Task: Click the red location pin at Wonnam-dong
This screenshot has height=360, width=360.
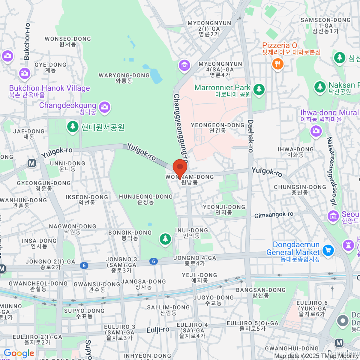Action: (180, 167)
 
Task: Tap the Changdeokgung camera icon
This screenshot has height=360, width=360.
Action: (105, 107)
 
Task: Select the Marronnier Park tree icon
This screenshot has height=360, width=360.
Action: (259, 89)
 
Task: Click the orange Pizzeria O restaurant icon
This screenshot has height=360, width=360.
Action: (278, 64)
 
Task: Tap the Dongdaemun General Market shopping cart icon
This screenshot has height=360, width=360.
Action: (328, 250)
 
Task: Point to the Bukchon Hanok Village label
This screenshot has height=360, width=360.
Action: (49, 88)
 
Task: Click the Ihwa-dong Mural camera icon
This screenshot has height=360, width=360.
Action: (316, 131)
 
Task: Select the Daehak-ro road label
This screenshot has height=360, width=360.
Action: (250, 136)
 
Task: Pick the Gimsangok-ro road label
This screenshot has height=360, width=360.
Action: (274, 215)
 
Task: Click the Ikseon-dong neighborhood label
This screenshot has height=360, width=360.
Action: (87, 199)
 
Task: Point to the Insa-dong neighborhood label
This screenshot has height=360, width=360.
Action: (39, 243)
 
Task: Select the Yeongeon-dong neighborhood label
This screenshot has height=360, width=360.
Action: (218, 127)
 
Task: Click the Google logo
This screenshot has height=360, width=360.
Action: (19, 353)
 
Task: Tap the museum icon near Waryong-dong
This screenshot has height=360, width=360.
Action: (184, 65)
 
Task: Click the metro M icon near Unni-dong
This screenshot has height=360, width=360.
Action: (32, 163)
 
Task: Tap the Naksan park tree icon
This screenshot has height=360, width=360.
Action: (320, 87)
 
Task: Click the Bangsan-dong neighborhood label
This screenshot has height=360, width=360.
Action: (261, 292)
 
